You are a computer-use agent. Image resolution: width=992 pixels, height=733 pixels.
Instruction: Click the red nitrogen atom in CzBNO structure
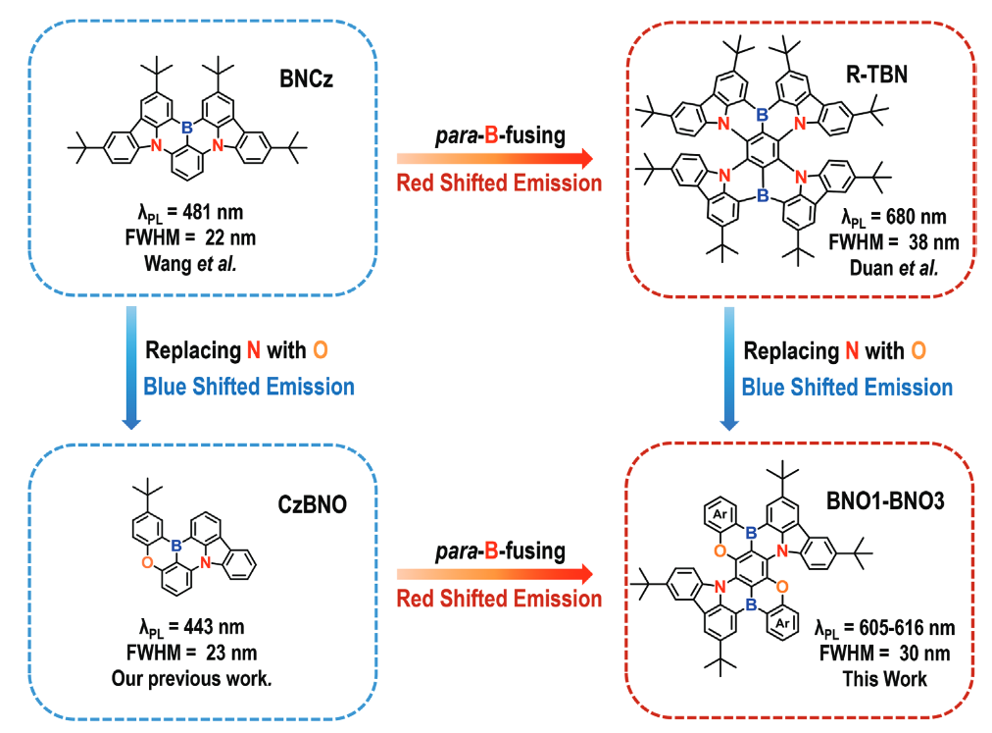click(x=207, y=563)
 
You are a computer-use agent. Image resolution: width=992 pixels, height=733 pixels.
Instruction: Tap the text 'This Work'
click(x=884, y=678)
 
